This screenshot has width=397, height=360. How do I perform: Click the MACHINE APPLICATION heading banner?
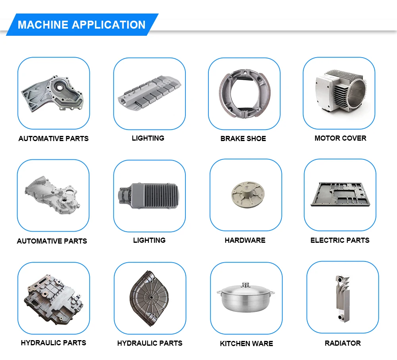82,25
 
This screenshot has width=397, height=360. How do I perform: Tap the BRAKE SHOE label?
243,139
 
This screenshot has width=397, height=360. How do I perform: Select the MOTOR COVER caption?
340,138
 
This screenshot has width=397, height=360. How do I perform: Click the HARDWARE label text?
245,240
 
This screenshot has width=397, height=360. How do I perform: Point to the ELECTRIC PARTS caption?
340,240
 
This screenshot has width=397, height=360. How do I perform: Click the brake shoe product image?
243,94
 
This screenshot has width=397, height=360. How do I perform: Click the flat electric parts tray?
340,194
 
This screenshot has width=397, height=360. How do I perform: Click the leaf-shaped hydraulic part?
149,297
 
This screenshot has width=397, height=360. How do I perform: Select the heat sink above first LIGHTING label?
149,93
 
